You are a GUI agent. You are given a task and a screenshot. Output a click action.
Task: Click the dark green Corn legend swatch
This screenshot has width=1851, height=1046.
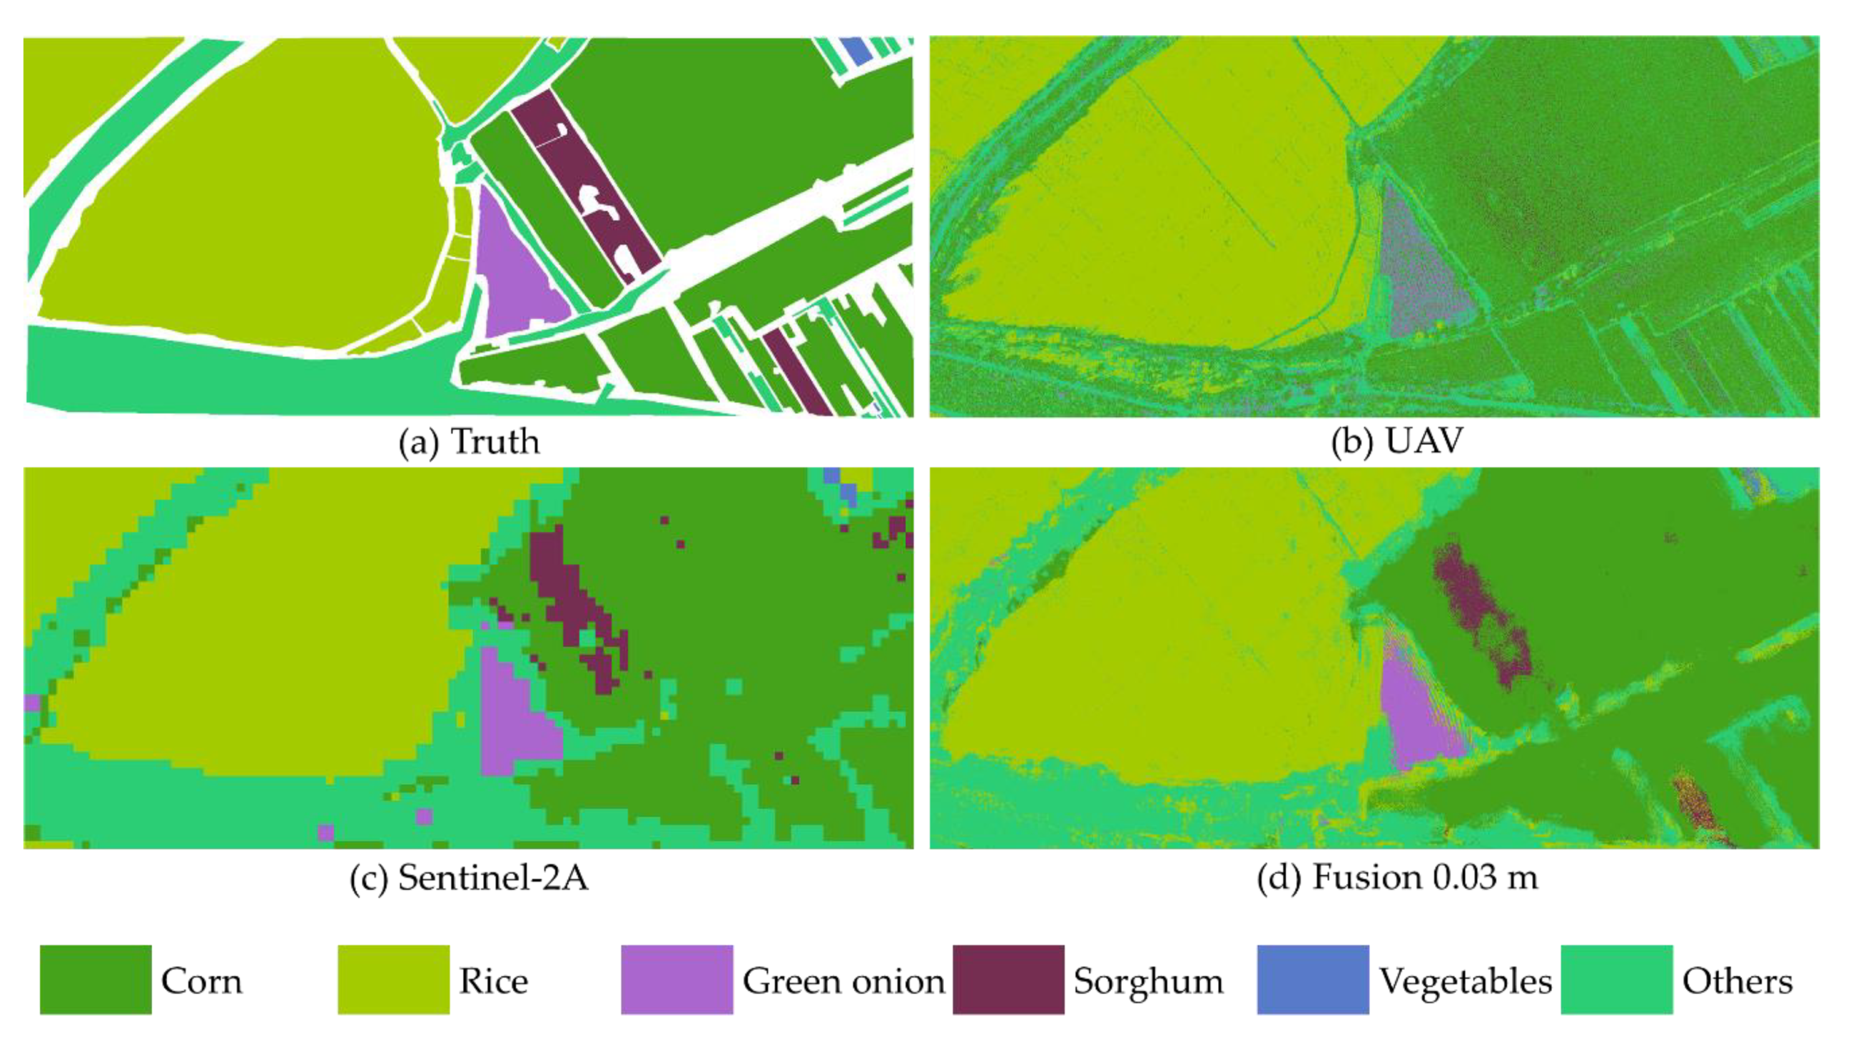(x=95, y=979)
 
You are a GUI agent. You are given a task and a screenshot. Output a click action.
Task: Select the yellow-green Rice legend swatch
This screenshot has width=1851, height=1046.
(x=394, y=979)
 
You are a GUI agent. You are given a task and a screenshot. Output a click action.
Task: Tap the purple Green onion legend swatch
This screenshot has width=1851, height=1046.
(x=677, y=979)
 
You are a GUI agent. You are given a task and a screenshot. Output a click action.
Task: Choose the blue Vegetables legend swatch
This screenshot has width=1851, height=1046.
(x=1313, y=979)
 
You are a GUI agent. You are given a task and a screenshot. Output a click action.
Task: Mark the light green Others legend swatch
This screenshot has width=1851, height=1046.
(x=1617, y=979)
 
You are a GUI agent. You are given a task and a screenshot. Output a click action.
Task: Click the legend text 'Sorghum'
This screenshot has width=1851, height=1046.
(x=1148, y=981)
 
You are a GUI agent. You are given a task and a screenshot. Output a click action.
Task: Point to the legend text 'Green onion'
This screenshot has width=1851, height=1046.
(x=843, y=981)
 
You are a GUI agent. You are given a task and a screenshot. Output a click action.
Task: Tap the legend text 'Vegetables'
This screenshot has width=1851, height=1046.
(x=1465, y=981)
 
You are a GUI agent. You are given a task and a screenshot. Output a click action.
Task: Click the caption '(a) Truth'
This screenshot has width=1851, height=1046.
(x=469, y=441)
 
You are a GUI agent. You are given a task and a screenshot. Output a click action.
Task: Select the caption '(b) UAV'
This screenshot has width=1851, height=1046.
(x=1396, y=441)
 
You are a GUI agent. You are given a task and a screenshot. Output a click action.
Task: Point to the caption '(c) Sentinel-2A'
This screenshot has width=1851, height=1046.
(x=469, y=878)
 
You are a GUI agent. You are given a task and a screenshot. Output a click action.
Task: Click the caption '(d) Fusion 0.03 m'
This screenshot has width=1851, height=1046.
(x=1397, y=878)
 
